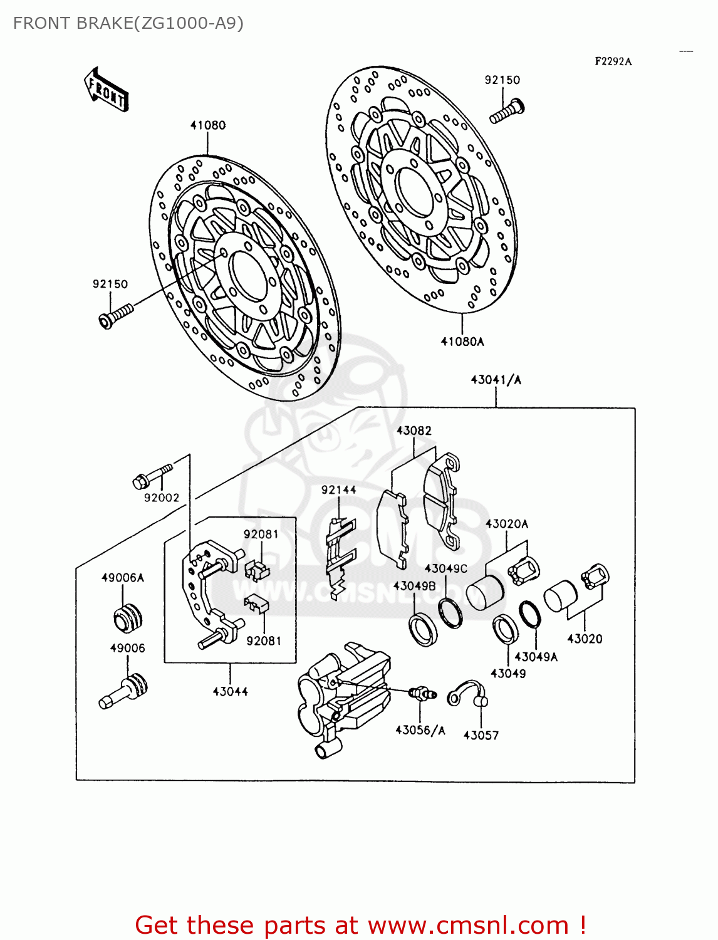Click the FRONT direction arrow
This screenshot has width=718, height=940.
coord(106,90)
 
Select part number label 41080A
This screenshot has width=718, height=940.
coord(462,342)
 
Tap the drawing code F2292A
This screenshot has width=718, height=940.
coord(613,61)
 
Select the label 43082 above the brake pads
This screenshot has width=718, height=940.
coord(414,431)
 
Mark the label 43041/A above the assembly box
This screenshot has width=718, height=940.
coord(496,380)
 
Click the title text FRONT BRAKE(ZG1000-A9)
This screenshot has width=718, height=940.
coord(128,23)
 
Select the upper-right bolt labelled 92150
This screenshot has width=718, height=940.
coord(507,112)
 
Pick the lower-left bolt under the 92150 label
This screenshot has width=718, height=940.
coord(116,315)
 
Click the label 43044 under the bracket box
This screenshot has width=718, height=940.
coord(230,691)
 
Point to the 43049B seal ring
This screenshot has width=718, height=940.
coord(423,630)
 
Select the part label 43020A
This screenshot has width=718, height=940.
coord(506,524)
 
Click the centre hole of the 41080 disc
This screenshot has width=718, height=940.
coord(249,276)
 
